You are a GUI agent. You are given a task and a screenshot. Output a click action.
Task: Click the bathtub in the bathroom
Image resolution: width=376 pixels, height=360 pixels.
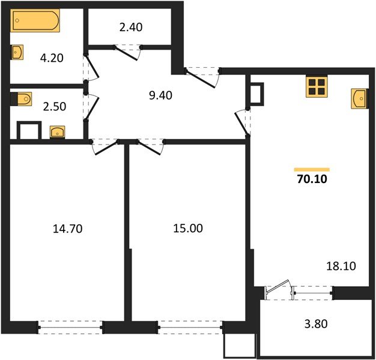pyautogui.click(x=35, y=22)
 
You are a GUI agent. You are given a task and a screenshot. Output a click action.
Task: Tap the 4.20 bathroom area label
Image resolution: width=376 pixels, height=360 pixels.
pyautogui.click(x=52, y=58)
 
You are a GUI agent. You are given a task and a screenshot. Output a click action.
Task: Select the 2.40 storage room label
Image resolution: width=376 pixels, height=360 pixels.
pyautogui.click(x=130, y=27)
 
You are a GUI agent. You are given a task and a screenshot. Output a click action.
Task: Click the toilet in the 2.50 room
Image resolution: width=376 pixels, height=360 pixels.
pyautogui.click(x=22, y=98)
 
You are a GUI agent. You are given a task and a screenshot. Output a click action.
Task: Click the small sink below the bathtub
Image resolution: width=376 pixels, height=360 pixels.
pyautogui.click(x=17, y=52)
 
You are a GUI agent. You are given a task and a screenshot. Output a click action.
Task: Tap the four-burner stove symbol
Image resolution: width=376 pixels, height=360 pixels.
pyautogui.click(x=317, y=87)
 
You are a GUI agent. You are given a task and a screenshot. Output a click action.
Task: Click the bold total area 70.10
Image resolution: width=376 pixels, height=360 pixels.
pyautogui.click(x=312, y=178)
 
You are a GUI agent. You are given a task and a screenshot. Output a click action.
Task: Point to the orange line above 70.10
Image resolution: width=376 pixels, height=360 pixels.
pyautogui.click(x=312, y=169)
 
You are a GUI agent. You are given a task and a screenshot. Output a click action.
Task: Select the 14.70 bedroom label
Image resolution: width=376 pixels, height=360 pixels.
pyautogui.click(x=67, y=228)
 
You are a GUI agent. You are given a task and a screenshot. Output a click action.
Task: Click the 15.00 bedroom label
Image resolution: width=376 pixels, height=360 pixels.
pyautogui.click(x=188, y=228)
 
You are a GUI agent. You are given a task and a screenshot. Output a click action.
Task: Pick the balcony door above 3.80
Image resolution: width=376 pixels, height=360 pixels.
pyautogui.click(x=278, y=290)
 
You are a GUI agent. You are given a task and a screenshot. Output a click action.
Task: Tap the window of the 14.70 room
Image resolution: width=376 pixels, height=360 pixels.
pyautogui.click(x=70, y=328)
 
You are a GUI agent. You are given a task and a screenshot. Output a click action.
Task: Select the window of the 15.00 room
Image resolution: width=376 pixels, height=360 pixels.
pyautogui.click(x=190, y=328)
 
